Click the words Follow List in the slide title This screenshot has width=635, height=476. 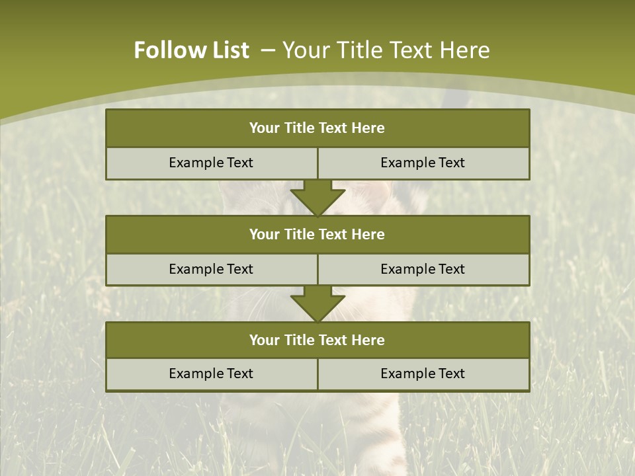point(191,50)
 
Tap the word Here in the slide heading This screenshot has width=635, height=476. point(464,50)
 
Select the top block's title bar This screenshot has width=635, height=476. point(317,128)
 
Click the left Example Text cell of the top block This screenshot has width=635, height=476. point(211,163)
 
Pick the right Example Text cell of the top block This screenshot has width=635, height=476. point(423,163)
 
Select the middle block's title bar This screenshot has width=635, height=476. point(317,234)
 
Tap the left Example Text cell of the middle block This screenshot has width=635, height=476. point(211,269)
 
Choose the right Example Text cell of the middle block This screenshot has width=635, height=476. point(423,269)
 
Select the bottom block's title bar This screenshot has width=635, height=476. point(317,340)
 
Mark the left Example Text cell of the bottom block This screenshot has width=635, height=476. point(211,374)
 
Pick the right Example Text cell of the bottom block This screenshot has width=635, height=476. point(423,374)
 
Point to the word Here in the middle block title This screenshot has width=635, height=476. point(368,234)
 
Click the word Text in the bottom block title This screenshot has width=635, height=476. point(333,340)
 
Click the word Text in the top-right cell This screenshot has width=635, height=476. point(450,163)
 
